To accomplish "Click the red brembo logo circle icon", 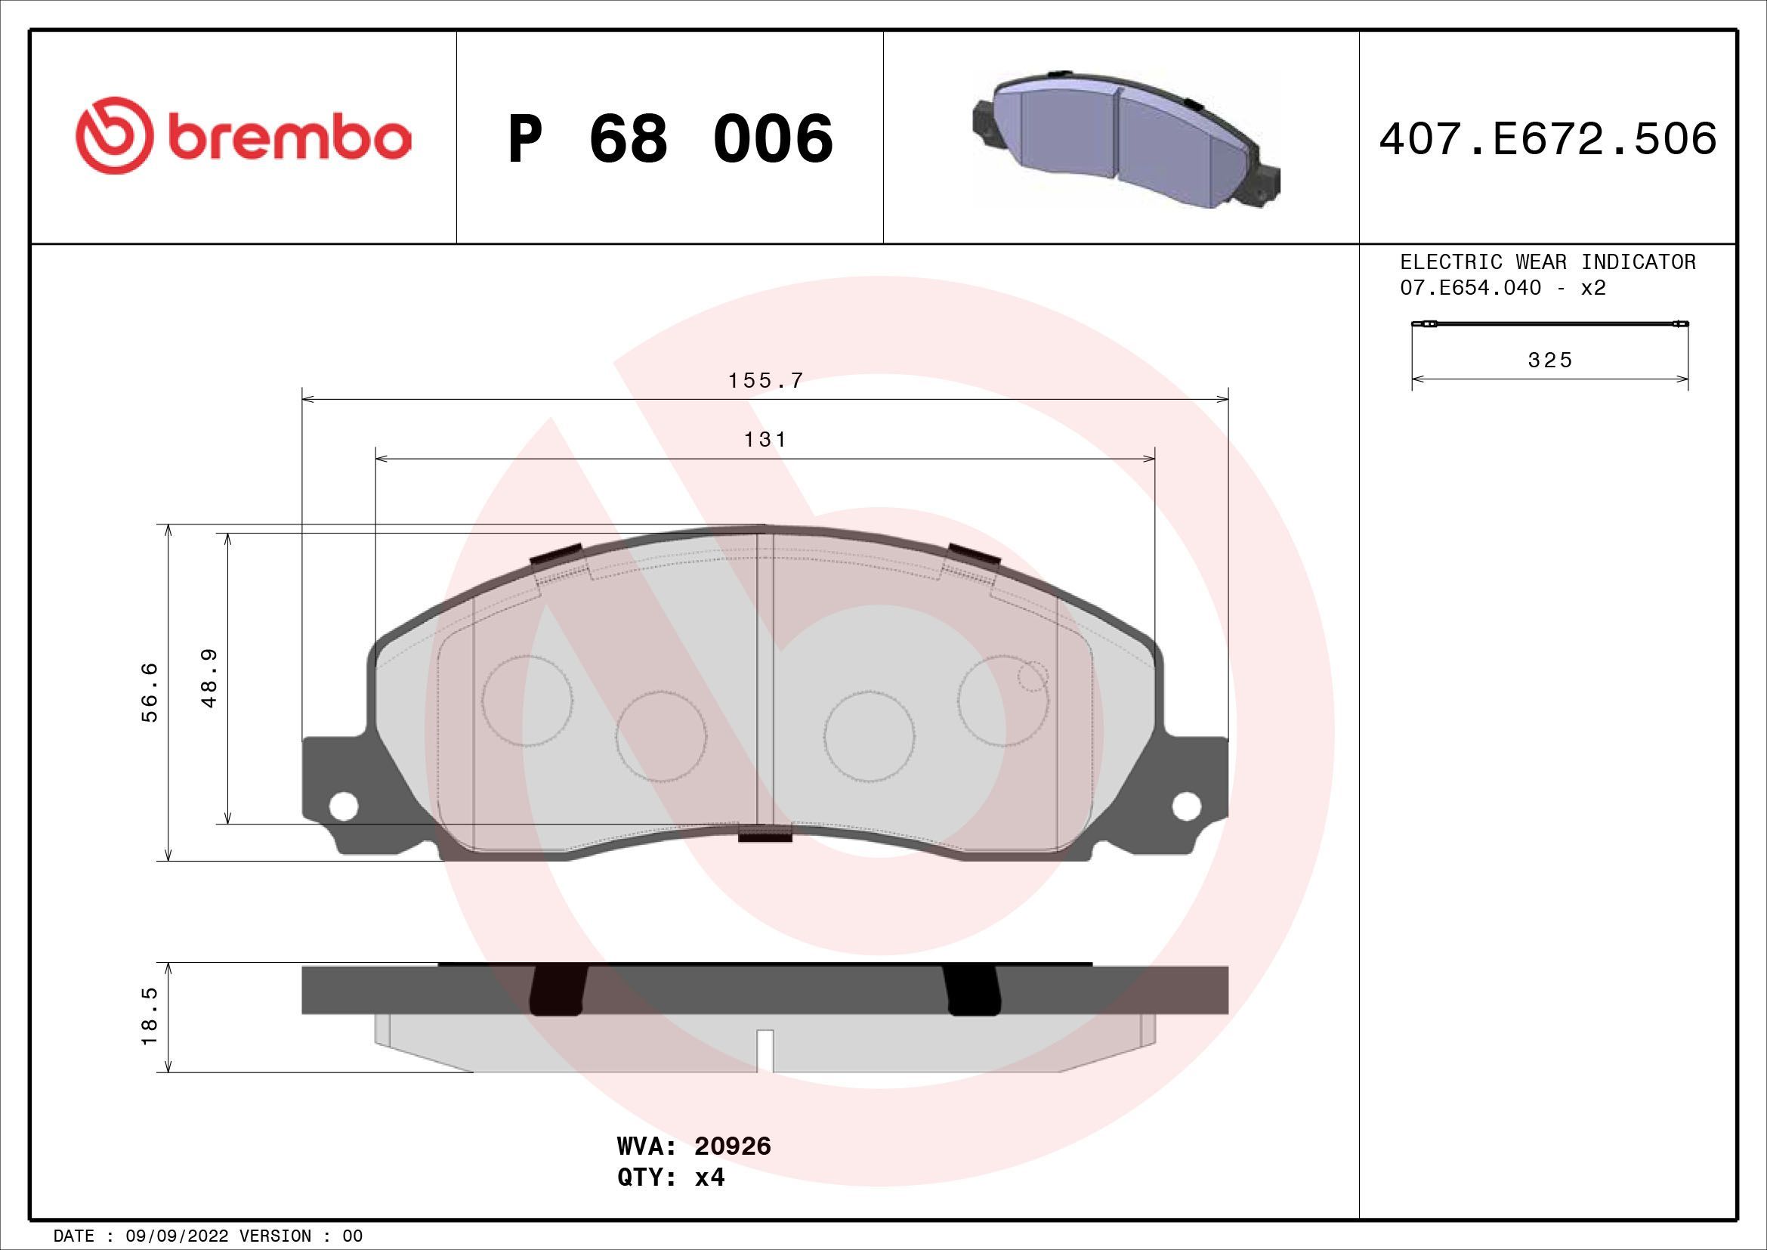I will click(113, 136).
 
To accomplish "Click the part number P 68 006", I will click(669, 138).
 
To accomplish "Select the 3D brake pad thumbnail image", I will click(1124, 139).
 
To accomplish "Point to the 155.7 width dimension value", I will click(765, 381).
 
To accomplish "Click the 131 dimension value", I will click(765, 440).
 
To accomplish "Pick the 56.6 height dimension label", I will click(150, 692).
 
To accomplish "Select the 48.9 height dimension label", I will click(209, 678).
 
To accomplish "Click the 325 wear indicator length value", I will click(1549, 360).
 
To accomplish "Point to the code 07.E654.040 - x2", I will click(1503, 288).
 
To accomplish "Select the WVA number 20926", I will click(732, 1168).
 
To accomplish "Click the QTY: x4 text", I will click(670, 1199).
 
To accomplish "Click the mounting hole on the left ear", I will click(343, 806).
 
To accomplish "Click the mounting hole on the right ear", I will click(1186, 806).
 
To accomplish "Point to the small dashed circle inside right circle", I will click(1032, 676).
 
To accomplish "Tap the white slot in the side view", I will click(765, 1050).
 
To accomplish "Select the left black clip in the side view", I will click(558, 991).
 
